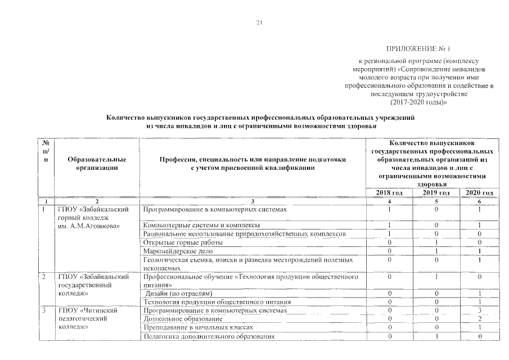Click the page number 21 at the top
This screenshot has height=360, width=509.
(259, 23)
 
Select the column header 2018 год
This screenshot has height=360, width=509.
(389, 193)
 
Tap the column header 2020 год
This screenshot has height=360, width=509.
(479, 193)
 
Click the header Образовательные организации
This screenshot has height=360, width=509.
(97, 163)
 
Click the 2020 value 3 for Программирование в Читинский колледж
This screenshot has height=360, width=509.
(479, 310)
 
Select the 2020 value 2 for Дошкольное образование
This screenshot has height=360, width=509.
(479, 319)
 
